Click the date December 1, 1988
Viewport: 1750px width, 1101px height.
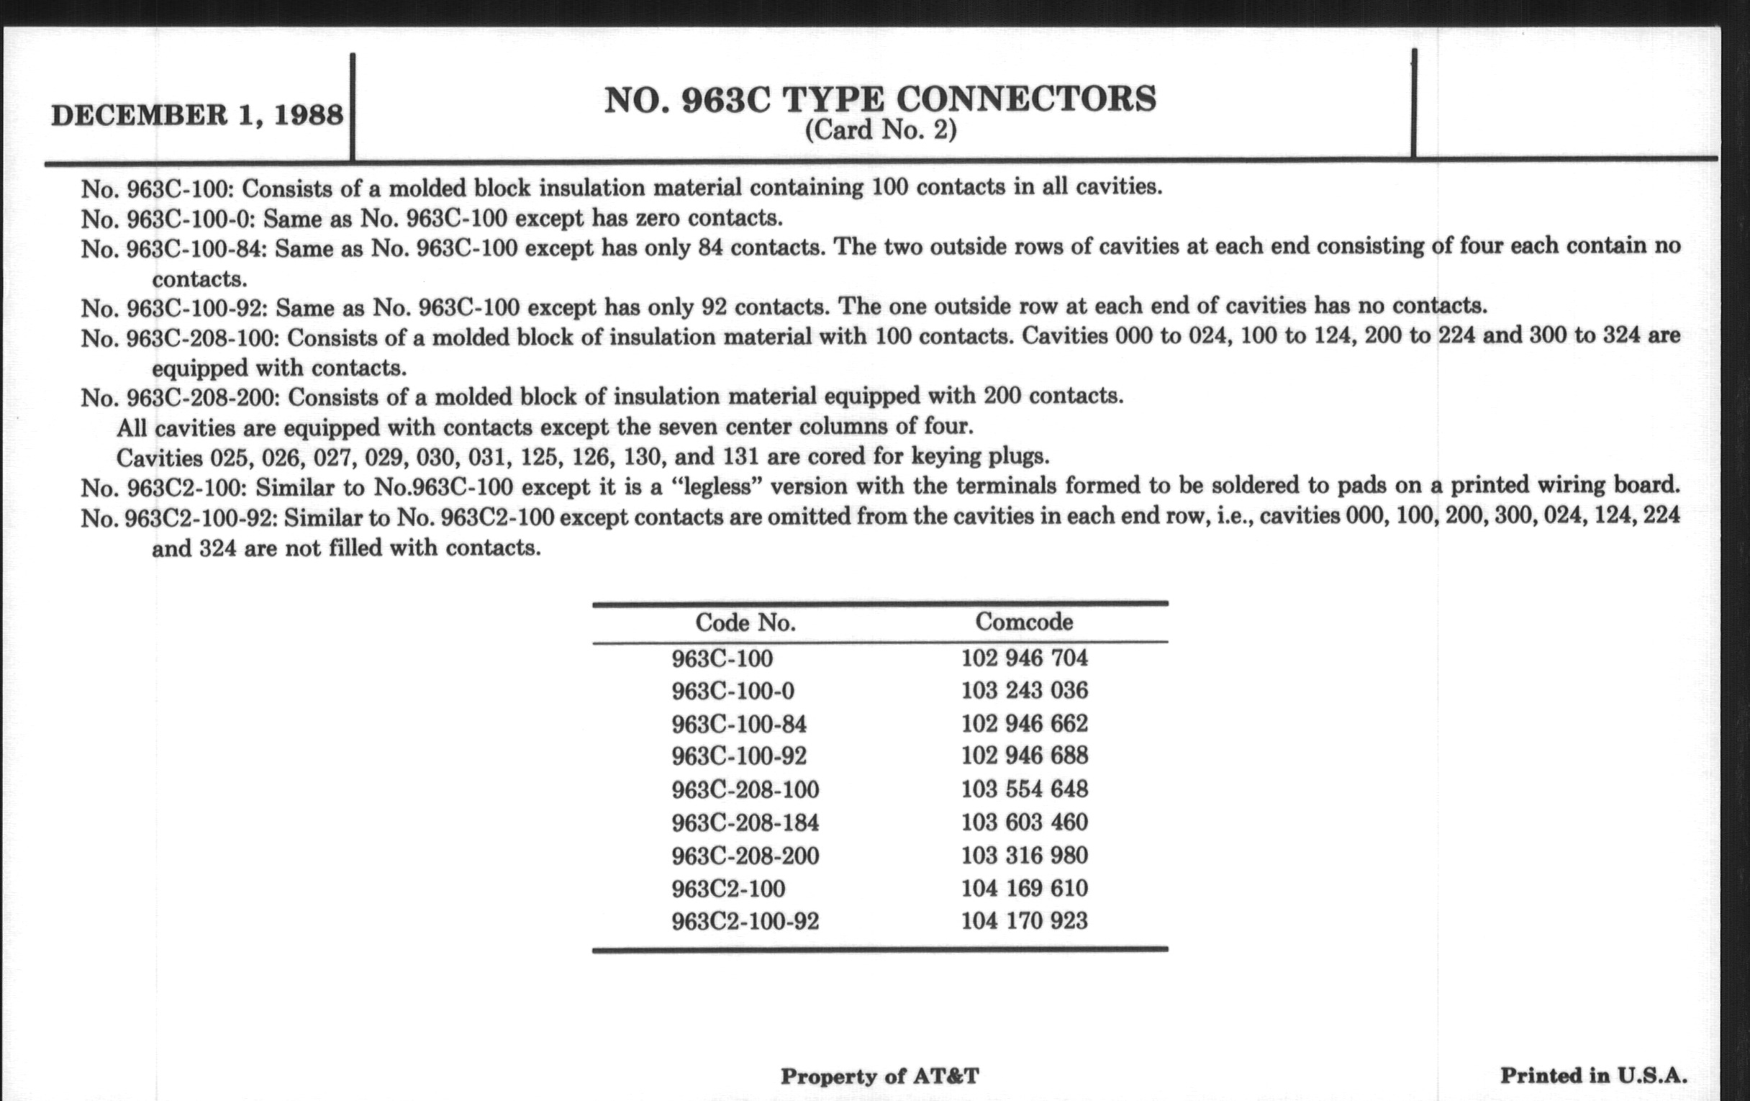[x=197, y=116]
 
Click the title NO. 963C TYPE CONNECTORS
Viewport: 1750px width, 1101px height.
[x=880, y=99]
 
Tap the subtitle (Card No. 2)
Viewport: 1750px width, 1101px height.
[x=880, y=131]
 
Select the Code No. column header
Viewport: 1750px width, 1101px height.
[x=745, y=622]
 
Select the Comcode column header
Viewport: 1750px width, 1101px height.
[x=1023, y=622]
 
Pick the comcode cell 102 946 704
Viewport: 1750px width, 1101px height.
[x=1024, y=658]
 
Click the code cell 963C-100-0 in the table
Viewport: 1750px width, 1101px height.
[x=733, y=690]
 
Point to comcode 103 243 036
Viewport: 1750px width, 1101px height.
[x=1024, y=690]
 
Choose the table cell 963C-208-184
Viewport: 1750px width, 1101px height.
[x=745, y=823]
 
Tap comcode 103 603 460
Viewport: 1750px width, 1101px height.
[x=1024, y=823]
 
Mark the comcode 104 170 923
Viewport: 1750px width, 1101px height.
[x=1024, y=922]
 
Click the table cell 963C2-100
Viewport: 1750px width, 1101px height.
[x=728, y=889]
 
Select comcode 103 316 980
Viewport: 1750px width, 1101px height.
[x=1024, y=856]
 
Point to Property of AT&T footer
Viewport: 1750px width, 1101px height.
[x=879, y=1077]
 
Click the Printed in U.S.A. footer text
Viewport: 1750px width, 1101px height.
[x=1593, y=1076]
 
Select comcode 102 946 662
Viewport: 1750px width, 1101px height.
[x=1024, y=724]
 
